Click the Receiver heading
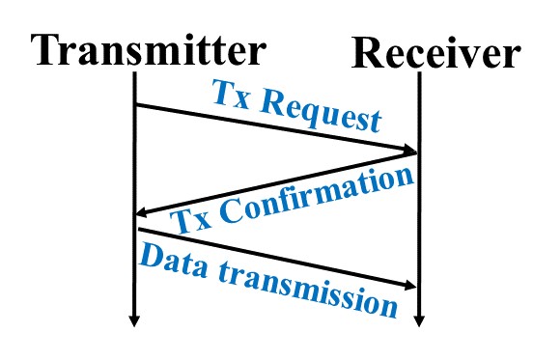pos(435,53)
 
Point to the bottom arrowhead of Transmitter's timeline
pos(136,319)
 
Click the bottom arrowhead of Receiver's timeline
pos(419,319)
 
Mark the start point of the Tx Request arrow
pos(136,104)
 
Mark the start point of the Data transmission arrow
pos(137,230)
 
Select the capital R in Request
pos(282,99)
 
